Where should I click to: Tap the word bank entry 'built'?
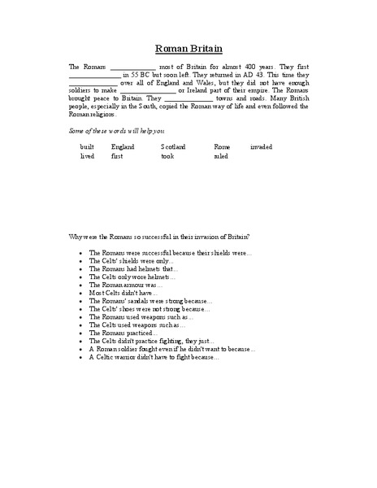[87, 146]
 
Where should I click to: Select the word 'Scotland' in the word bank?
[173, 146]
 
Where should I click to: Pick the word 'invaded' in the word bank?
[262, 146]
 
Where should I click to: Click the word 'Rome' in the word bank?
[222, 146]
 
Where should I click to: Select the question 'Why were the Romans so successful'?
[160, 237]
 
